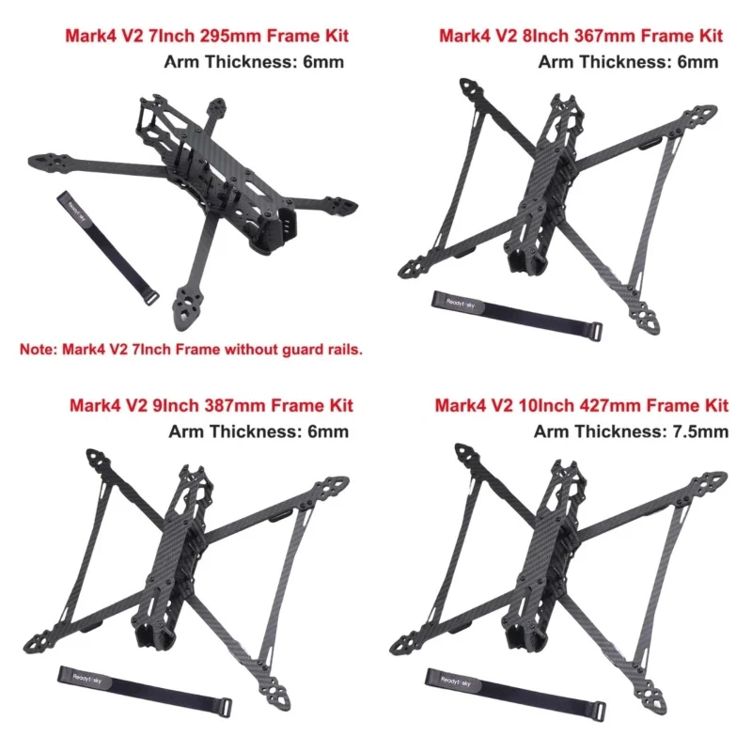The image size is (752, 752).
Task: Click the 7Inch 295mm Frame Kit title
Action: pyautogui.click(x=206, y=37)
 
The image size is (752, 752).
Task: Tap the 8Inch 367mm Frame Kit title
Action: pyautogui.click(x=581, y=37)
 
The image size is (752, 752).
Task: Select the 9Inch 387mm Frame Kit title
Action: pyautogui.click(x=211, y=406)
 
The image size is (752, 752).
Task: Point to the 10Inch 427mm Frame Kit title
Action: pyautogui.click(x=581, y=406)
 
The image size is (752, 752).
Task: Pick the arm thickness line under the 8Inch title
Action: pyautogui.click(x=628, y=62)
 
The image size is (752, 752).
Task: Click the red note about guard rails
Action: pyautogui.click(x=192, y=350)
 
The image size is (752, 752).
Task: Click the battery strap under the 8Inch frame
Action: pyautogui.click(x=517, y=314)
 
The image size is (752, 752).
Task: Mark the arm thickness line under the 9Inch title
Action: pyautogui.click(x=258, y=431)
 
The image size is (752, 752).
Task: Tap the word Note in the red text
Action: pyautogui.click(x=38, y=350)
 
